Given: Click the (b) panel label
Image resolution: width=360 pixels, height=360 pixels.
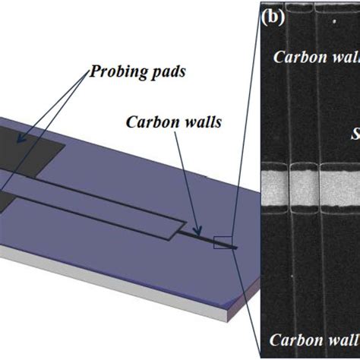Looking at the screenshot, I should (272, 17).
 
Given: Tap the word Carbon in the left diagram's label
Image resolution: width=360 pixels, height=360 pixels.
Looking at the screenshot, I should (147, 122).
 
